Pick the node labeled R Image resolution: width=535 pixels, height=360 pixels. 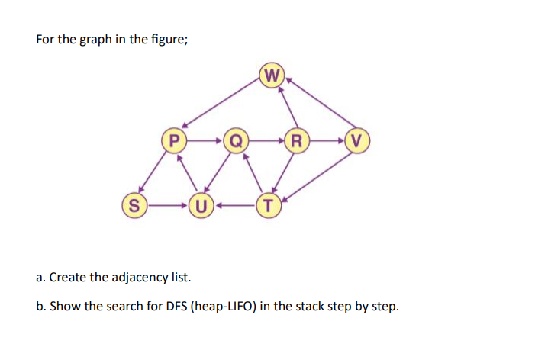pos(295,140)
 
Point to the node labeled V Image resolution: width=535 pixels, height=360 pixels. pos(356,140)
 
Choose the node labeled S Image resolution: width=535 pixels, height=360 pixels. pos(134,204)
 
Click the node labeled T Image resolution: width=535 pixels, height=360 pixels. pos(268,204)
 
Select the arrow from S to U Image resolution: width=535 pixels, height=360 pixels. pos(166,204)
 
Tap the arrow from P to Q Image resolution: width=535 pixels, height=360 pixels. pos(205,140)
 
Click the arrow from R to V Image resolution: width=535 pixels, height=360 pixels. pos(326,140)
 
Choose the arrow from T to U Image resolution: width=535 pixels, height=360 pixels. pos(234,204)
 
